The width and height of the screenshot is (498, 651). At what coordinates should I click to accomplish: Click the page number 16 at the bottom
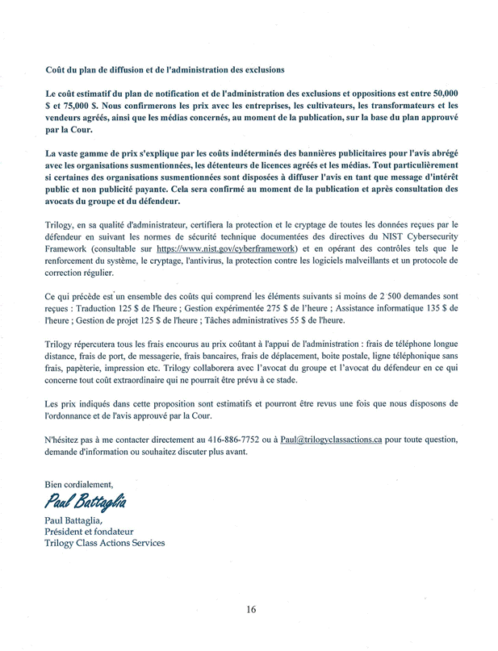pos(251,610)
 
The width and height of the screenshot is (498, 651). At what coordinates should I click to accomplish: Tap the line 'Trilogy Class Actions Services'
pos(105,543)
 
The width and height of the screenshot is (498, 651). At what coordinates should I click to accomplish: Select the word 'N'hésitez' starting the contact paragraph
pos(65,440)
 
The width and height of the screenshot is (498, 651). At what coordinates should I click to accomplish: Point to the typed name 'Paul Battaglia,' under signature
pos(78,519)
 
